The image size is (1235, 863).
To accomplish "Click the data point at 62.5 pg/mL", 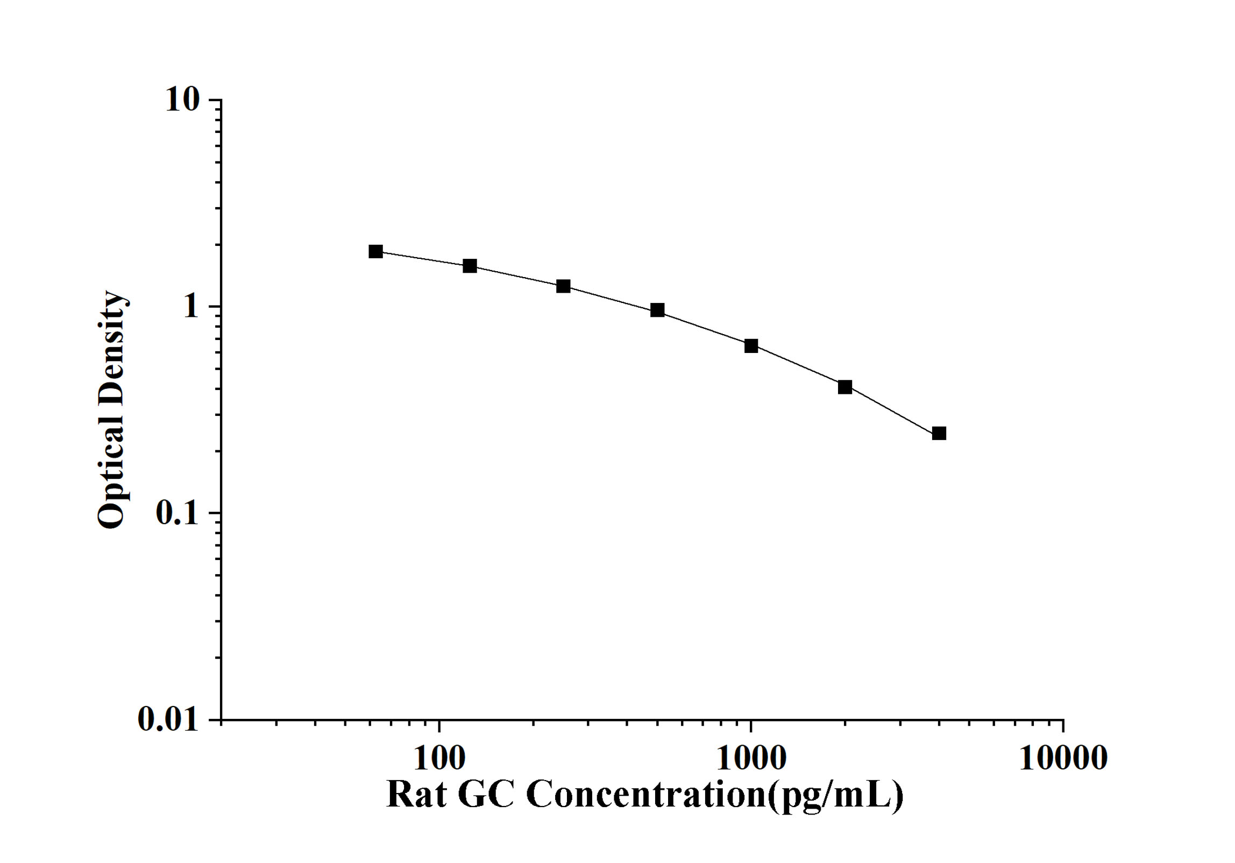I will click(x=375, y=251).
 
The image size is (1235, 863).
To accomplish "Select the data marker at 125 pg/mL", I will click(x=470, y=266).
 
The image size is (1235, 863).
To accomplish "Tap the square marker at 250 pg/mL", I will click(x=563, y=286).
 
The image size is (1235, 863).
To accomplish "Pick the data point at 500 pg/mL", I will click(x=657, y=310).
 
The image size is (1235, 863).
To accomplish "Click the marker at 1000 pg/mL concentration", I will click(x=751, y=346).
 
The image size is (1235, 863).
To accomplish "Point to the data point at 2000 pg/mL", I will click(x=845, y=387).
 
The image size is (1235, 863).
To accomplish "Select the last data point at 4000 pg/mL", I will click(x=939, y=433).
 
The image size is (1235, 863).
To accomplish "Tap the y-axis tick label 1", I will click(x=191, y=307).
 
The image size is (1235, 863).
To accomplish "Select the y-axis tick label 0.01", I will click(x=168, y=719).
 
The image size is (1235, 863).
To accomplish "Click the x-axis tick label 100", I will click(x=439, y=759).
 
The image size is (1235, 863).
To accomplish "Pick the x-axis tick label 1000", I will click(x=751, y=759).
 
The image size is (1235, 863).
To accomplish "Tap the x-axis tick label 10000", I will click(x=1063, y=759).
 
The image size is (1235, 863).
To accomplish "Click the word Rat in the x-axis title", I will click(x=416, y=795).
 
